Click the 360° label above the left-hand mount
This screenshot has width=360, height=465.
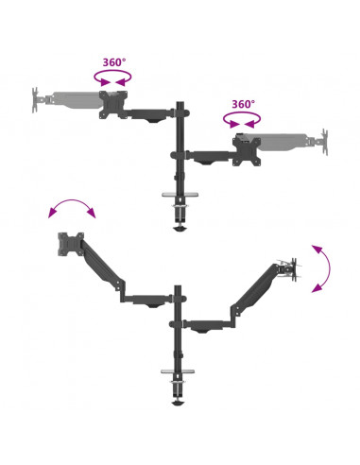pos(114,62)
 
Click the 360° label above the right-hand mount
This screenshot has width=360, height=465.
pos(243,104)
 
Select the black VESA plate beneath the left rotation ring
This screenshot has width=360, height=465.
pos(113,105)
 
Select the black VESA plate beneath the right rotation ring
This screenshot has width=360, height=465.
pos(247,151)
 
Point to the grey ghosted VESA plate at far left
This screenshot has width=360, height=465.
pos(35,100)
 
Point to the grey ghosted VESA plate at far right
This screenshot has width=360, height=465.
pos(324,142)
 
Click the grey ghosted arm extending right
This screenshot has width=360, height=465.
pos(283,142)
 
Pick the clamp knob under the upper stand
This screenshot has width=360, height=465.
pos(180,229)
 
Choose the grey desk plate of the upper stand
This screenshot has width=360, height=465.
pos(180,195)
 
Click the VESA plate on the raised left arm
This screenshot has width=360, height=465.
pos(71,244)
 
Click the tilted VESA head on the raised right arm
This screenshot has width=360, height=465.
pos(290,269)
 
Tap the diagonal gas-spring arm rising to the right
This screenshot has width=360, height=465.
pos(254,290)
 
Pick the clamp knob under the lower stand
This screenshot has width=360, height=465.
pos(178,404)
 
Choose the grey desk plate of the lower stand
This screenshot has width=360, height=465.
pos(178,371)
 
